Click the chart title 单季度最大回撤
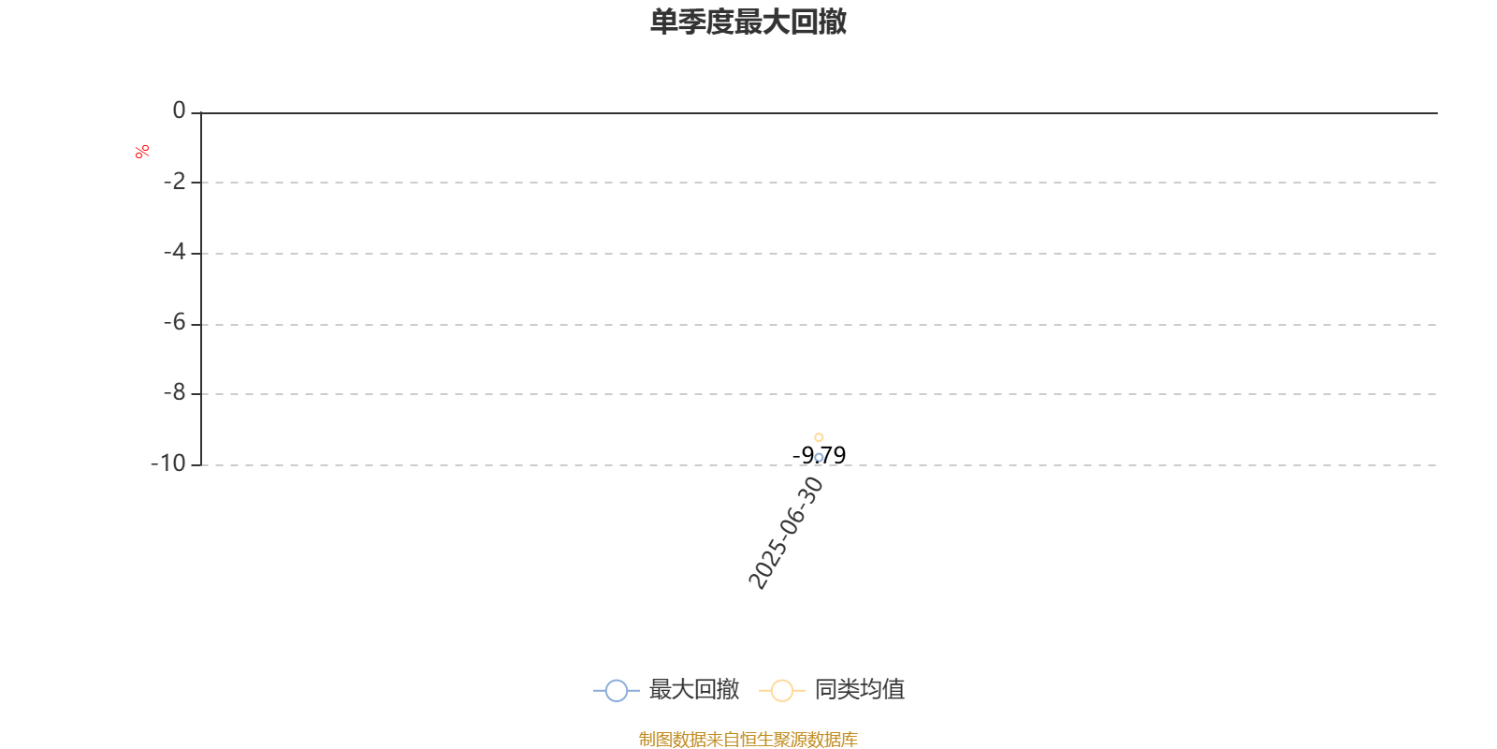[x=748, y=22]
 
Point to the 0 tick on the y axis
[x=179, y=110]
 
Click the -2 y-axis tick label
[x=174, y=182]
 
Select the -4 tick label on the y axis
[x=174, y=252]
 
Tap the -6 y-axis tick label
[x=174, y=323]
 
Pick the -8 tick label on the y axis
[x=174, y=392]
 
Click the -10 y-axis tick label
[x=168, y=463]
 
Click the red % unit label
[x=141, y=152]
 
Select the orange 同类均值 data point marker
[x=819, y=437]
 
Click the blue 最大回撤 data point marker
[x=819, y=458]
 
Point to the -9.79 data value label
[x=820, y=455]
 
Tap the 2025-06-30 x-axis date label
[x=786, y=533]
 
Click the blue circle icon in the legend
[x=617, y=691]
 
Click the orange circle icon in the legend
[x=782, y=691]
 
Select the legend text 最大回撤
[x=694, y=689]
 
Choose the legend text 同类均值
[x=860, y=689]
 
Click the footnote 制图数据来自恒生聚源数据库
[x=748, y=739]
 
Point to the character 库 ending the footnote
[x=849, y=739]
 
